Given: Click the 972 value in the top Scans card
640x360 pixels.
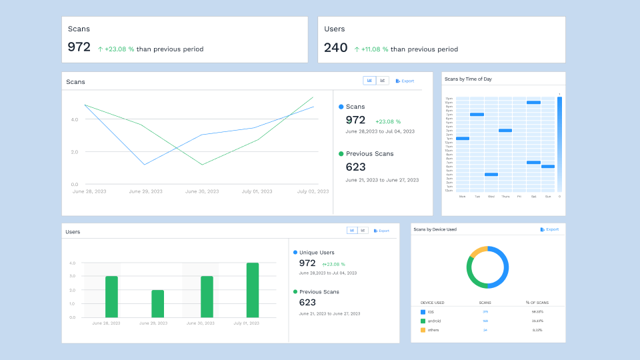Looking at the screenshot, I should [79, 47].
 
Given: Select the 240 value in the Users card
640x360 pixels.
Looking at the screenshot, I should [335, 47].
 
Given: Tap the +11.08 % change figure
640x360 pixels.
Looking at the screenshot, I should [375, 49].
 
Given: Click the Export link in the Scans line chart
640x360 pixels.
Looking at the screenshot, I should [405, 81].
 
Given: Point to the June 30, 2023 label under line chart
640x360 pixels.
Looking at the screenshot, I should [201, 191].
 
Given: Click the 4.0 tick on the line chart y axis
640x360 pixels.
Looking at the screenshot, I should [74, 119].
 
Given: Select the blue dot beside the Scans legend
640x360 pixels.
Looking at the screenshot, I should [341, 107].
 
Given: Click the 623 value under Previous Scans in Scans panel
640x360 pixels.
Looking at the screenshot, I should [355, 167].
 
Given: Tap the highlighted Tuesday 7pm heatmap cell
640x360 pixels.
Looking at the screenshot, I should [477, 115].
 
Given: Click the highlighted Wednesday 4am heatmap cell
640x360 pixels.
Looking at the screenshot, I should [491, 175].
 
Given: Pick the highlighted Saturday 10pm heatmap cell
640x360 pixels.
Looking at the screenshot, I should [533, 103].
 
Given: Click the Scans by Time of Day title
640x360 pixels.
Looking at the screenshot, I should [468, 79].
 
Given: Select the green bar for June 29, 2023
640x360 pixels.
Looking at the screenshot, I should [157, 303].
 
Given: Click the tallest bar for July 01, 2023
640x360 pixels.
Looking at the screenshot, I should [253, 290].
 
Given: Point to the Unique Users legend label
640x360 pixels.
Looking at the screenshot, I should [317, 252].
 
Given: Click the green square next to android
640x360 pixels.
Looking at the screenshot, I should [423, 321].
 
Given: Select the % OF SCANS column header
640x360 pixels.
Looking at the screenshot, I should [537, 303].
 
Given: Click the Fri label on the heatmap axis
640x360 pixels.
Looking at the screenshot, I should [519, 197].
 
